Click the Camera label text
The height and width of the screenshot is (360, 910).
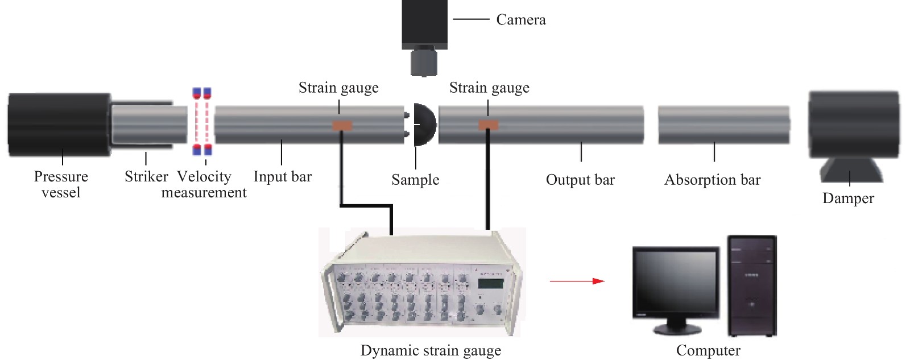[520, 20]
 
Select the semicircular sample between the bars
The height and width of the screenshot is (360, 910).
[424, 125]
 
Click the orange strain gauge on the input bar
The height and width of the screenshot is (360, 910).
[342, 125]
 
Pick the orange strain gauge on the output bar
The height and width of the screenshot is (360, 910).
[488, 125]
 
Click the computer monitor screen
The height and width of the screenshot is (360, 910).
[675, 282]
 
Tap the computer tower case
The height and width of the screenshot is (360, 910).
[752, 285]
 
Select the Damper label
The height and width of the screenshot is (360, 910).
[848, 198]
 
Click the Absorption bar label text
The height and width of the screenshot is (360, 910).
[712, 180]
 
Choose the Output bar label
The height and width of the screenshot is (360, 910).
[580, 180]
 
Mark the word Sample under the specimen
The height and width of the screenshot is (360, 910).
[415, 180]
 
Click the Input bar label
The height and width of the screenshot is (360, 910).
[283, 177]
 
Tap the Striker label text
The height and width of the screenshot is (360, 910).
[146, 177]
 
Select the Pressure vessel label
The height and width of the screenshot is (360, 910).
[61, 184]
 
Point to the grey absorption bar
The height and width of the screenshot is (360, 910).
[723, 125]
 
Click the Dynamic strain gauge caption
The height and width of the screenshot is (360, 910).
[431, 350]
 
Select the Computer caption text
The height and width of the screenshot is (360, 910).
[708, 350]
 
